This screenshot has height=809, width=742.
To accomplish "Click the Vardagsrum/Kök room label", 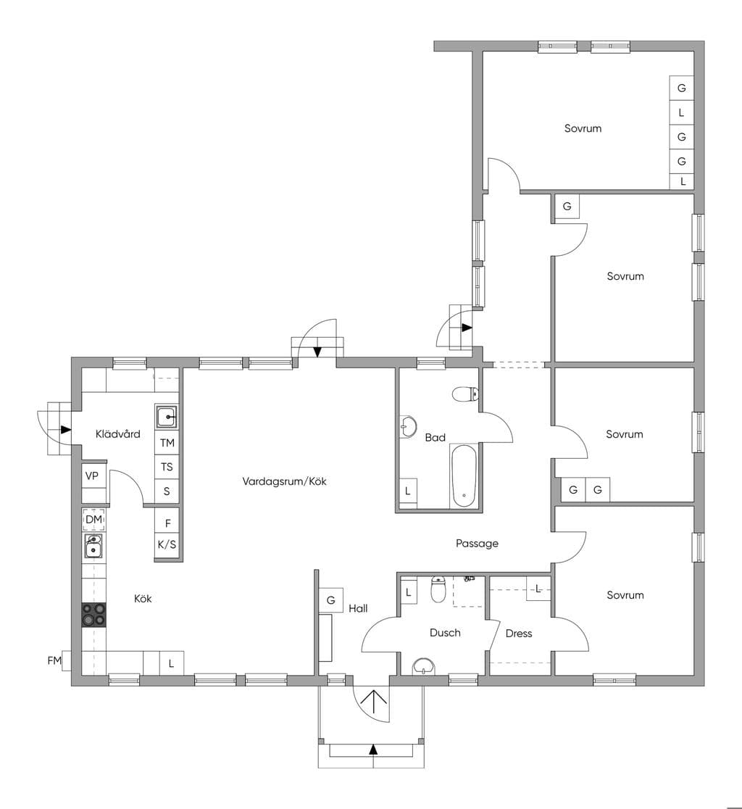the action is coord(284,481).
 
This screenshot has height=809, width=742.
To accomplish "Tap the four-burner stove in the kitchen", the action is coord(94,615).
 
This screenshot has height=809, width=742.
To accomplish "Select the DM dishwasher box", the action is coord(94,520).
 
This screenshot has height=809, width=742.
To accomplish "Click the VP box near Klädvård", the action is coord(92,476).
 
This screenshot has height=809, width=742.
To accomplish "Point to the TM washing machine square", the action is coord(167,443).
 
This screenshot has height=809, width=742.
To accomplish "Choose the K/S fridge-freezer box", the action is coord(167,544).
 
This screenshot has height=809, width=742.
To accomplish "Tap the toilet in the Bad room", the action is coord(466,394).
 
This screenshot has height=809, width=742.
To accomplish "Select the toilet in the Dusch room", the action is coord(438,590).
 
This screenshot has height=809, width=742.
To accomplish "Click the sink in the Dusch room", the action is coord(425,666).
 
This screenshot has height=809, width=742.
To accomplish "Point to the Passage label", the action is coord(477,543).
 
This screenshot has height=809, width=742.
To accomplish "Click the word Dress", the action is coord(519,634).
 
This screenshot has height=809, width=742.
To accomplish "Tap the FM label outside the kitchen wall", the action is coord(54,660).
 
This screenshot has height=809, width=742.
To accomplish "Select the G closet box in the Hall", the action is coord(331,600).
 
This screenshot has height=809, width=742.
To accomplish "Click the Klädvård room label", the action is coord(118,434).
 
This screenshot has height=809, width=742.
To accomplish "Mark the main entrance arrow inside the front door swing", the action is coord(373,702).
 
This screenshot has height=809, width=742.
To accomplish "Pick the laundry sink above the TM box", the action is coord(167,416).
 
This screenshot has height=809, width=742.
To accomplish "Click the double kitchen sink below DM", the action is coord(93,547).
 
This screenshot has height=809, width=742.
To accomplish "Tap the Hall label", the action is coord(358,609).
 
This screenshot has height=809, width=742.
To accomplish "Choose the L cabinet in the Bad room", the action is coord(408,491).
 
